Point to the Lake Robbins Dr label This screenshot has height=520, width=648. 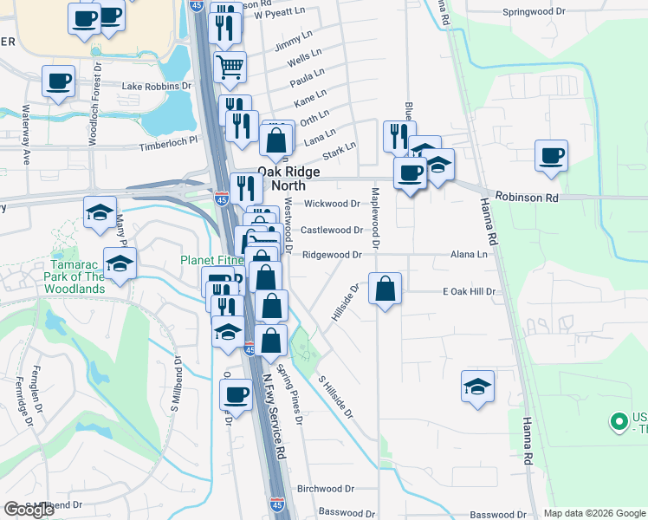click(x=156, y=87)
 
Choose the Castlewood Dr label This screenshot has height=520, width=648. click(x=332, y=230)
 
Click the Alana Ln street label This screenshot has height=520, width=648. click(x=469, y=255)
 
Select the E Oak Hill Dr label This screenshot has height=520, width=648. click(x=469, y=292)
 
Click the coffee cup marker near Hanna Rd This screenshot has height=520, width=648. click(x=552, y=156)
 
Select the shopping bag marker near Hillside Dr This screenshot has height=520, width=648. click(x=385, y=289)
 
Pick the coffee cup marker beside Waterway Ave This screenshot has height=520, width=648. click(x=59, y=82)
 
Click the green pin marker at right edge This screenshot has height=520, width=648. click(x=619, y=422)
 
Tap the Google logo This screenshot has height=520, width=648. click(x=29, y=510)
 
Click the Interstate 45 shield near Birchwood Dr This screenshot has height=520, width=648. click(x=276, y=503)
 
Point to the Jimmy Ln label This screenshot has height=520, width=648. click(x=292, y=43)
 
